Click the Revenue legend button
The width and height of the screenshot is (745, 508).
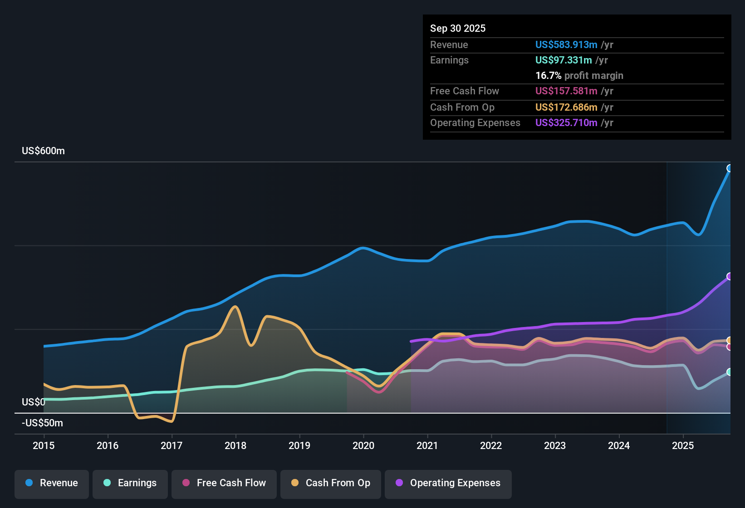tap(52, 483)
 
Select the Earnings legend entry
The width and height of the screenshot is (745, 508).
tap(130, 483)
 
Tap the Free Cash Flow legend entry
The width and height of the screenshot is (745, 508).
tap(224, 483)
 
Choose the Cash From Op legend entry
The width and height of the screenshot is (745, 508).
tap(331, 483)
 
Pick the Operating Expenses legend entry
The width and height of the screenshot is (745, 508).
tap(448, 483)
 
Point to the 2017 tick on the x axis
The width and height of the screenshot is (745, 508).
tap(172, 445)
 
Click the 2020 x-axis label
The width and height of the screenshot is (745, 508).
tap(363, 445)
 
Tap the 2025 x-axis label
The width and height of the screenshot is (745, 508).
tap(683, 445)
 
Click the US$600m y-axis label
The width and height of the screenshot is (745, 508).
tap(43, 151)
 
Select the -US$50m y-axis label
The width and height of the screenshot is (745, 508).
tap(42, 423)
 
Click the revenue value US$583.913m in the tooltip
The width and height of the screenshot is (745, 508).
tap(566, 44)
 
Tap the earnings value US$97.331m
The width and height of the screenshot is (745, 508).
tap(563, 60)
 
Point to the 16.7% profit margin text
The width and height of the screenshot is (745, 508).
tap(579, 75)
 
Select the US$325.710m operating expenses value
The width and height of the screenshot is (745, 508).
tap(566, 122)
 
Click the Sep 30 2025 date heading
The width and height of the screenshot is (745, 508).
tap(457, 28)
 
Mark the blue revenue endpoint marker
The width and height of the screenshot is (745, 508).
tap(730, 168)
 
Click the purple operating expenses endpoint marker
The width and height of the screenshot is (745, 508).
tap(730, 276)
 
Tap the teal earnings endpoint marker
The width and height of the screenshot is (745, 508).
tap(730, 372)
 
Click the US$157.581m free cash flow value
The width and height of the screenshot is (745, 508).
tap(566, 91)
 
